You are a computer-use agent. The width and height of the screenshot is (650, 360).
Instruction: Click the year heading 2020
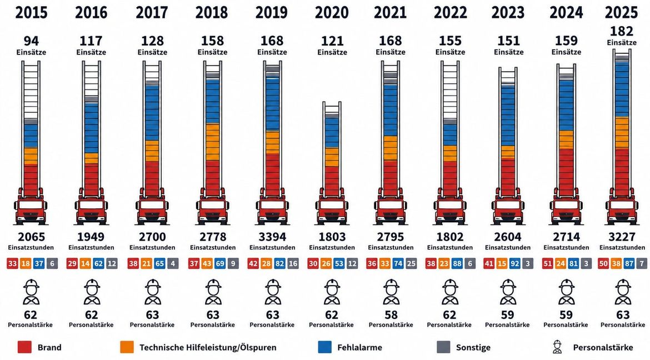pos(332,13)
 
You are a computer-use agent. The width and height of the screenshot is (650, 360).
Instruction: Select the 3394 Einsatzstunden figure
pos(272,237)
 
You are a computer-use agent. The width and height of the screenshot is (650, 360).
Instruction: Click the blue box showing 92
pos(514,263)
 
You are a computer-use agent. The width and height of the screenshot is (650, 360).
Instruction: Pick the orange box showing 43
pos(207,263)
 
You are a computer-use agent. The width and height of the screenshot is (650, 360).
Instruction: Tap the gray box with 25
pos(411,263)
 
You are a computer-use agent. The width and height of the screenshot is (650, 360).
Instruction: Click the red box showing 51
pos(547,263)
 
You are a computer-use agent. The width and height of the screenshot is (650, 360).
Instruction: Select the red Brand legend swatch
pos(24,347)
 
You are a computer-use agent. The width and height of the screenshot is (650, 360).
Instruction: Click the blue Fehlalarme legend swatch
pos(324,347)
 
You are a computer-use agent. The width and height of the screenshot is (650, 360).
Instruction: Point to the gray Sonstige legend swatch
pos(443,347)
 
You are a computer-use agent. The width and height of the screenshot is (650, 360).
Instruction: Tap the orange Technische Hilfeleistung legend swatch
pos(127,347)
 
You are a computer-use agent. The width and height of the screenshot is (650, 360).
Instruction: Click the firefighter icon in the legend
pos(557,347)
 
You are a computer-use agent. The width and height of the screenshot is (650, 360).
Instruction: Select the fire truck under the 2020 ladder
pos(332,206)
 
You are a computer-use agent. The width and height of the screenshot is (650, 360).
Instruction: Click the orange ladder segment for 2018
pos(213,142)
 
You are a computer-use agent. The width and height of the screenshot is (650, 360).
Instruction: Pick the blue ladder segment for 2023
pos(508,116)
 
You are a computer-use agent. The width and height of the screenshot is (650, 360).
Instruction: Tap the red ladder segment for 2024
pos(566,173)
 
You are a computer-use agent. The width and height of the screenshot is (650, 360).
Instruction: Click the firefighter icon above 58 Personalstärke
pos(391,292)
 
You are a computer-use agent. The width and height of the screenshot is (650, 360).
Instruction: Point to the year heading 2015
pos(31,13)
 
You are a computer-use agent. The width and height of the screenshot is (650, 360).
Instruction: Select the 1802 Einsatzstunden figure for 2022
pos(450,237)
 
